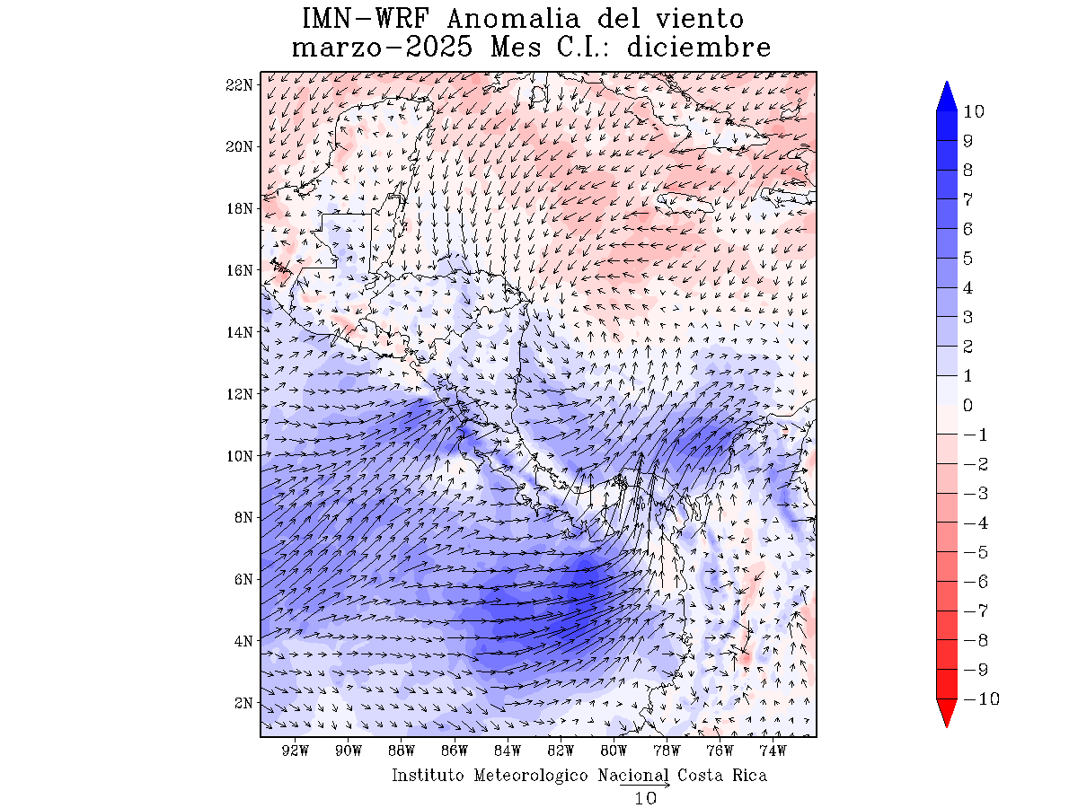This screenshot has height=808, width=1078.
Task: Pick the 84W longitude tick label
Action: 508,751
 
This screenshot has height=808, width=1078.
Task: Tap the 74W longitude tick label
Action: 773,751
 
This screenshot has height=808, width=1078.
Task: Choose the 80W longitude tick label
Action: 614,751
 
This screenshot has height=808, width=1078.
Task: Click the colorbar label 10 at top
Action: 973,111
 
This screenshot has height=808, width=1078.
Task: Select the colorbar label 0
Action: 968,406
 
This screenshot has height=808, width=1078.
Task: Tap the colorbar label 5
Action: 968,259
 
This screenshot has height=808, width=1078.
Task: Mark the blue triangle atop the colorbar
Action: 947,96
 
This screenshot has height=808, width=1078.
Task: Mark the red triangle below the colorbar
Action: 947,714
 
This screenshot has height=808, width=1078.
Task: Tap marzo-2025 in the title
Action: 383,47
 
